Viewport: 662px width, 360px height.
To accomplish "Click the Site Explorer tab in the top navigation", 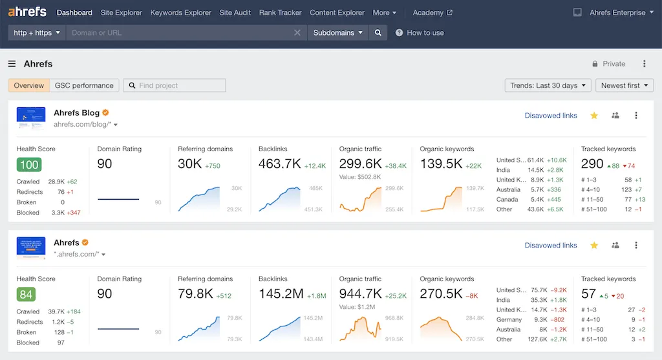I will pyautogui.click(x=121, y=12).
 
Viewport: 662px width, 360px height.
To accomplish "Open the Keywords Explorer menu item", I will pyautogui.click(x=180, y=12).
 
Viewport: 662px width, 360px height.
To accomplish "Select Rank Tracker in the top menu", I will pyautogui.click(x=280, y=12).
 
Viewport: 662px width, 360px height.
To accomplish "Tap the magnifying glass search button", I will pyautogui.click(x=378, y=32).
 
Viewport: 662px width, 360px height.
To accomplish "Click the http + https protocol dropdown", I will pyautogui.click(x=37, y=32).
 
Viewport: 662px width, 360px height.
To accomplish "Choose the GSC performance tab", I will pyautogui.click(x=84, y=85).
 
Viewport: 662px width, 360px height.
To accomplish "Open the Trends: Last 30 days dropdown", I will pyautogui.click(x=548, y=85).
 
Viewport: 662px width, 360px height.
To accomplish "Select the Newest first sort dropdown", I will pyautogui.click(x=624, y=85).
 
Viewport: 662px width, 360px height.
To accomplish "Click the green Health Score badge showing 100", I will pyautogui.click(x=29, y=165).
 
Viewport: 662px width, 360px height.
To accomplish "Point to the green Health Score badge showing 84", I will pyautogui.click(x=26, y=295).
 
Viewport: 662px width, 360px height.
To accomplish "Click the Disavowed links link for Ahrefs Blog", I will pyautogui.click(x=551, y=116).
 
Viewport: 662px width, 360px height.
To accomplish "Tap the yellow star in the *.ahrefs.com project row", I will pyautogui.click(x=594, y=246).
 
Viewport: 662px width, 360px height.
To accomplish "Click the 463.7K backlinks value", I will pyautogui.click(x=279, y=164).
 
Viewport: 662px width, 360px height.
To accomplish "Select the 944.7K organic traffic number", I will pyautogui.click(x=360, y=294).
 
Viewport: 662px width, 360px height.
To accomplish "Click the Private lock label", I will pyautogui.click(x=608, y=64).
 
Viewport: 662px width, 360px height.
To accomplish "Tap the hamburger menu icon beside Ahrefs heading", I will pyautogui.click(x=12, y=64).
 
